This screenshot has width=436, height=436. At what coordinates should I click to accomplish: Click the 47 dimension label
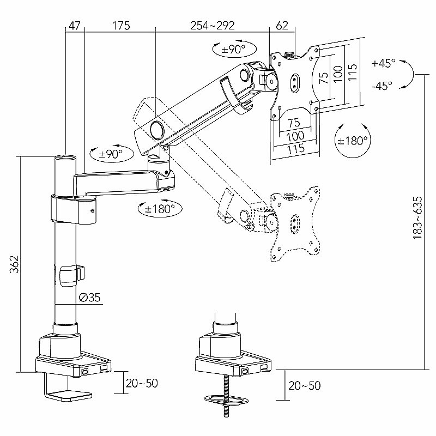tap(74, 26)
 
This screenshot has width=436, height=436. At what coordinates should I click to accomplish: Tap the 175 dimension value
tap(121, 26)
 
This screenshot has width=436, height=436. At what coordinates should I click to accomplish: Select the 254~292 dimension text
tap(213, 26)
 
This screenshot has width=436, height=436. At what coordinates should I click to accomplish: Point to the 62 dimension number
tap(282, 26)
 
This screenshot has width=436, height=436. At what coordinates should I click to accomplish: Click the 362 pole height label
tap(14, 264)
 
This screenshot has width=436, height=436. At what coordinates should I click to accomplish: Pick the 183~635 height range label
tap(417, 217)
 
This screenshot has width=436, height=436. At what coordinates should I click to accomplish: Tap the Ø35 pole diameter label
tap(89, 297)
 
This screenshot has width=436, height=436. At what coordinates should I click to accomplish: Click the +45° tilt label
tap(383, 63)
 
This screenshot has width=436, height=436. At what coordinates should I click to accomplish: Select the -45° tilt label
tap(382, 86)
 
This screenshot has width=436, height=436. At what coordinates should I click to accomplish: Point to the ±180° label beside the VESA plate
tap(352, 141)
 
